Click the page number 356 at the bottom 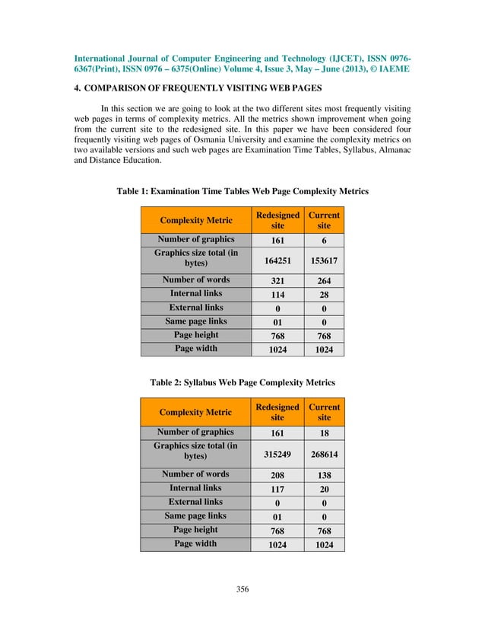[x=242, y=589]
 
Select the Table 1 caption [x=242, y=191]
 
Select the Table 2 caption [x=242, y=382]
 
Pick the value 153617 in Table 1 [x=324, y=260]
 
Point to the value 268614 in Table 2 [x=324, y=455]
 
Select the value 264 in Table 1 [x=324, y=281]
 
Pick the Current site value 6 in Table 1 [x=324, y=240]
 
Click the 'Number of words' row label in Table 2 [x=195, y=474]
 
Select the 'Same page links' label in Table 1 [x=195, y=321]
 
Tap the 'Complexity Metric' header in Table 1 [x=195, y=220]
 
